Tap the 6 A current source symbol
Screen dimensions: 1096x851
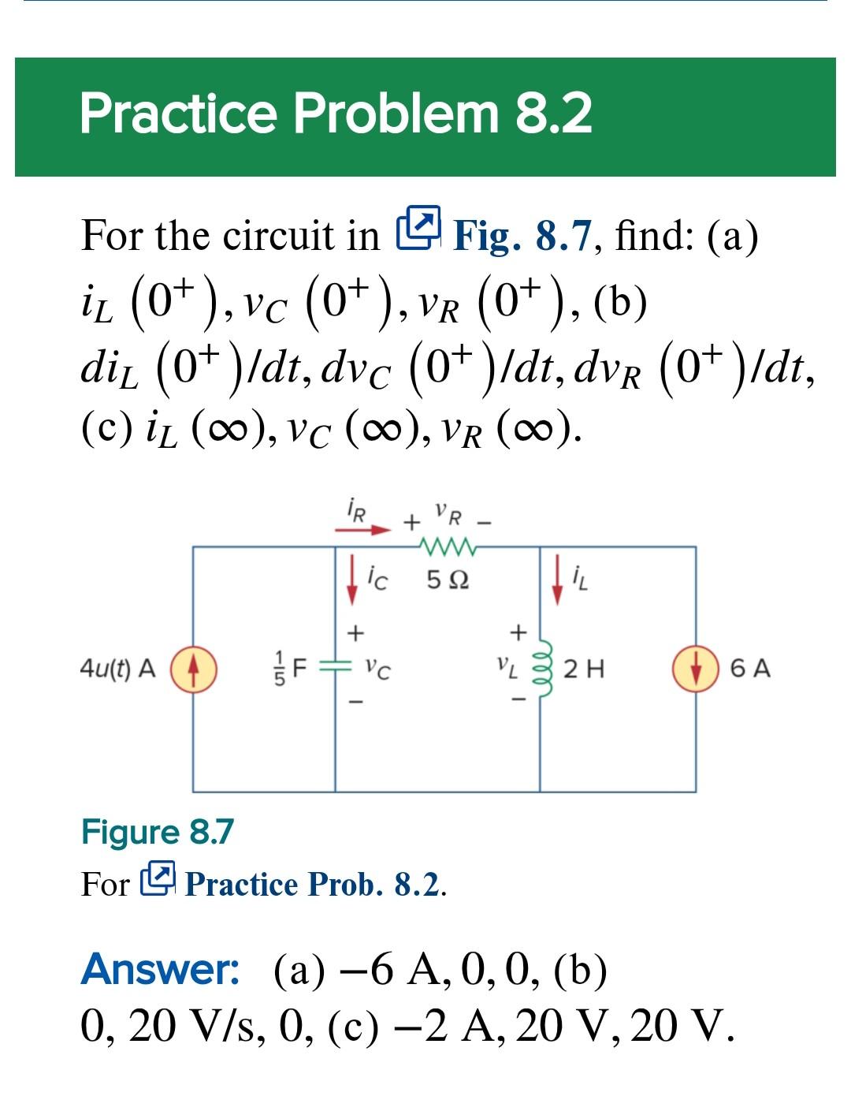pos(694,669)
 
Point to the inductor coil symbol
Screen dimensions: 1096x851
pos(541,669)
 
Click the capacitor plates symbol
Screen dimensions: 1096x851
pos(336,669)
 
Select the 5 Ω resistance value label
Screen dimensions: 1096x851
pos(448,581)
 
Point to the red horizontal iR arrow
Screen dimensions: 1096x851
pos(362,530)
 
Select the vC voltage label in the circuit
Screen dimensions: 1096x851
pos(379,670)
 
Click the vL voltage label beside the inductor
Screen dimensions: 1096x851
pos(507,670)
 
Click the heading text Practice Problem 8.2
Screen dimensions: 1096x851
pos(336,114)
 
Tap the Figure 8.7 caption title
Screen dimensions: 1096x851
pos(158,832)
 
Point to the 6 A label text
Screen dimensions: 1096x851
pos(749,669)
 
